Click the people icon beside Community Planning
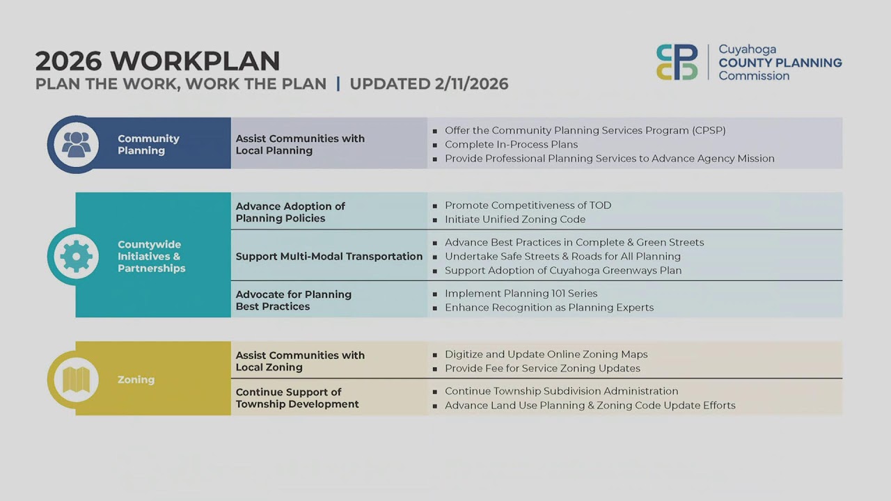pos(76,144)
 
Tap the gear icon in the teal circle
pos(76,256)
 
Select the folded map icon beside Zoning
pos(76,379)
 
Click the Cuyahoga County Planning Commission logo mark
pos(677,62)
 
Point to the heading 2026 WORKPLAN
pos(157,61)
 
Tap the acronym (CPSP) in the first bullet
pos(709,130)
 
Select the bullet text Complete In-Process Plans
pos(511,145)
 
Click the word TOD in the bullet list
pos(600,205)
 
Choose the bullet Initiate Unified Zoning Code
pos(515,219)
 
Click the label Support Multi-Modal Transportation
pos(329,256)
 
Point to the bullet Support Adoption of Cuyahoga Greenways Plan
pos(563,270)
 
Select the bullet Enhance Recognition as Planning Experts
pos(549,308)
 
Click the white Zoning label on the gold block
pos(136,380)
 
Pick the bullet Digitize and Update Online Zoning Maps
pos(546,354)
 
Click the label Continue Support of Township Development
pos(297,398)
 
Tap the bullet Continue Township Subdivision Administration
pos(561,391)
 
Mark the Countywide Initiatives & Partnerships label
pos(151,256)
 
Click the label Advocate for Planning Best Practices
pos(293,300)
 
